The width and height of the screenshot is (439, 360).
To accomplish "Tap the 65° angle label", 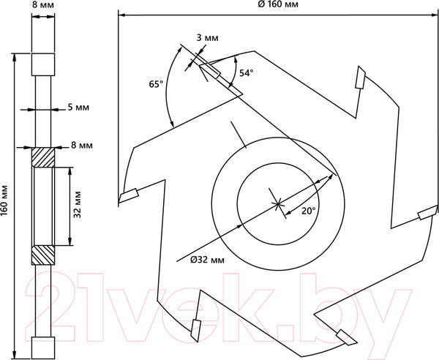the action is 156,83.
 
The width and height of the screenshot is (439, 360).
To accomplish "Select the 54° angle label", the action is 246,73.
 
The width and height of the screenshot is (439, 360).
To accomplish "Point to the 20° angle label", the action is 309,211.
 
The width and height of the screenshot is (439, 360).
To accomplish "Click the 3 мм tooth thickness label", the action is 207,38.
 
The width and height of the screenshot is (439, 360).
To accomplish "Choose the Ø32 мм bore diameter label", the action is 207,260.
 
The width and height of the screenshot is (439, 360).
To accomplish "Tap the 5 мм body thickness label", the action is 78,108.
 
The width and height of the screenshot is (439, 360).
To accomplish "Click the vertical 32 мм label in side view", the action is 78,204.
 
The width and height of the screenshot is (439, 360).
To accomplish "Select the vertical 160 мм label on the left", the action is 4,200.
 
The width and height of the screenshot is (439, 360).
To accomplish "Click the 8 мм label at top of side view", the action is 43,5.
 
